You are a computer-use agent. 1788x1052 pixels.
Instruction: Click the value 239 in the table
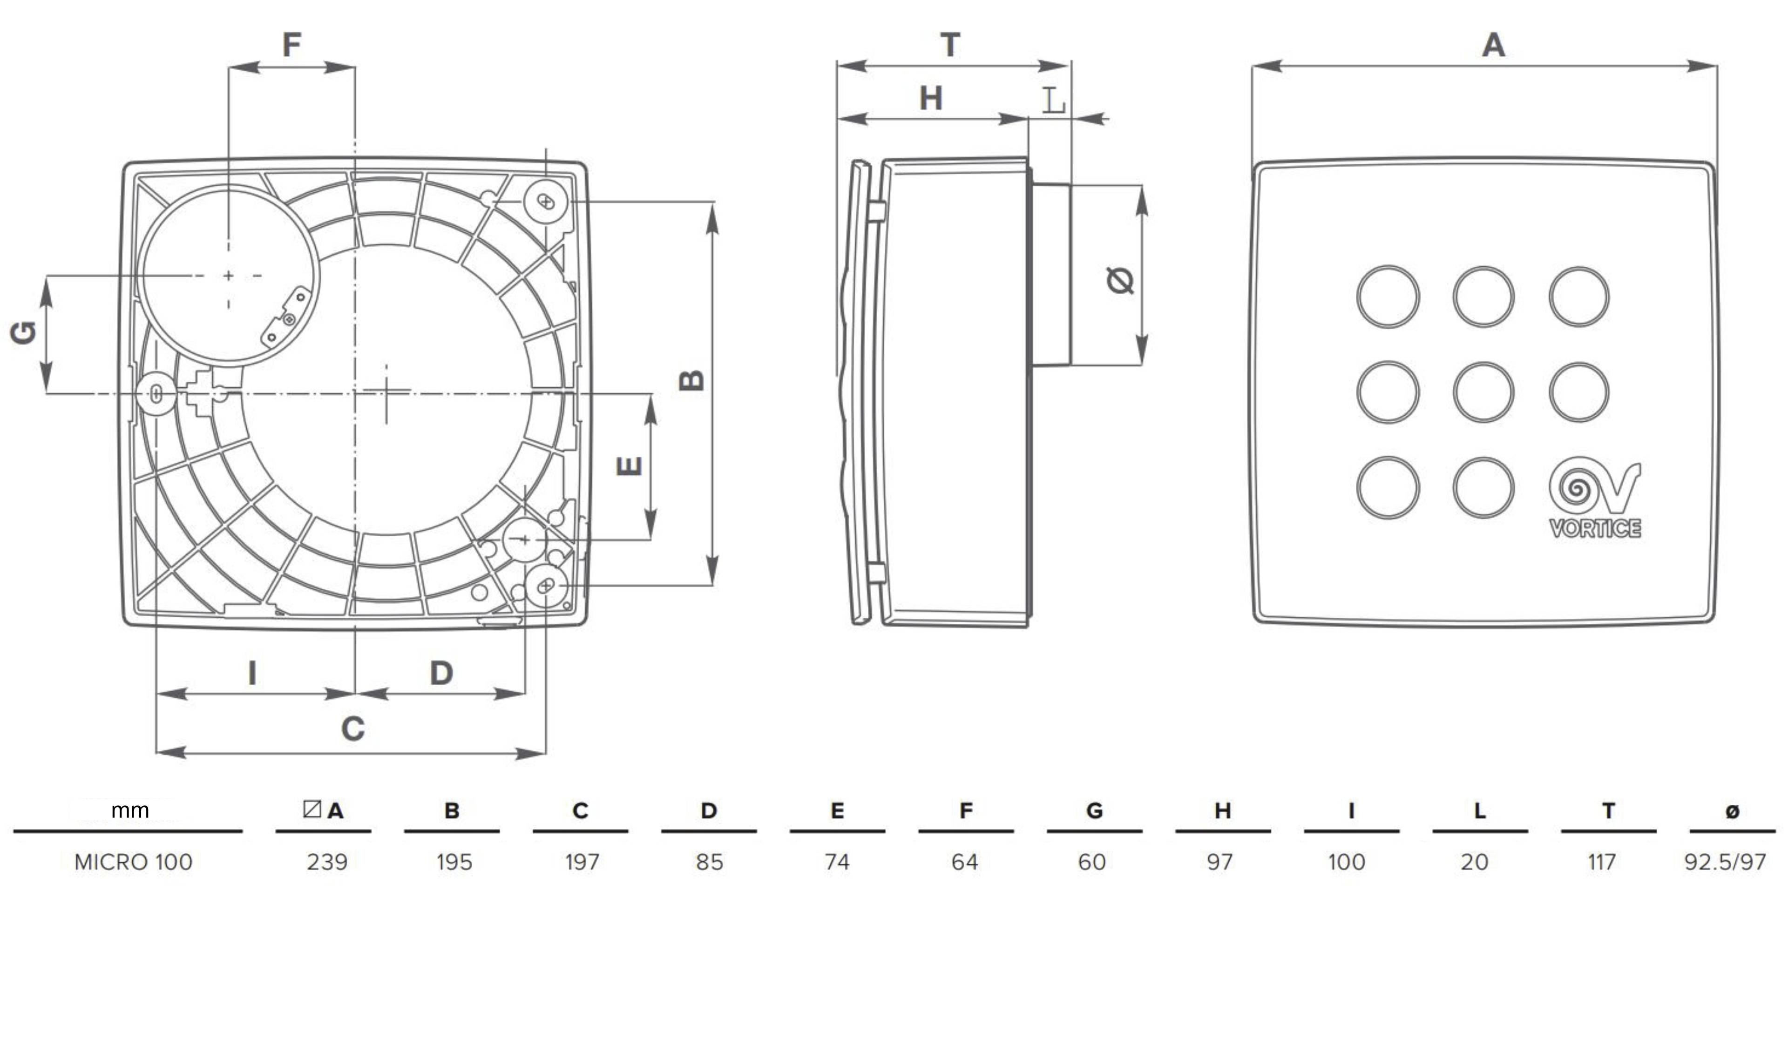(327, 862)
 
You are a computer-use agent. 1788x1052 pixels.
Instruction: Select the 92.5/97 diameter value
(1725, 862)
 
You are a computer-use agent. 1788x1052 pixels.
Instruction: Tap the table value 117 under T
(1601, 862)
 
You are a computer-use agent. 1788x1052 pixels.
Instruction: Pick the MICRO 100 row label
(133, 862)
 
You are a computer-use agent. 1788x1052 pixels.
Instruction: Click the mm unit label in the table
(130, 810)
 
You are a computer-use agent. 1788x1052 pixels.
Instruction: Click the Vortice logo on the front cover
(1594, 497)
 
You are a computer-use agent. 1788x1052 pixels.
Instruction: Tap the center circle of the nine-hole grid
(1483, 392)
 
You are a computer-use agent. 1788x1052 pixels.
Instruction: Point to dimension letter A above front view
(1494, 46)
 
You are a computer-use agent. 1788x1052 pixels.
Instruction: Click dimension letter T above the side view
(950, 46)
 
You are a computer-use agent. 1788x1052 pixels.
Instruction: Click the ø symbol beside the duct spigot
(1120, 280)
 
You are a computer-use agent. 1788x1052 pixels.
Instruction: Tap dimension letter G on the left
(23, 333)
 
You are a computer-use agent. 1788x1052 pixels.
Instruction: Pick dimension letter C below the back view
(352, 728)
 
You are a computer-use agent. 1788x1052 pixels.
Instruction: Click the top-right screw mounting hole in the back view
(546, 202)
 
